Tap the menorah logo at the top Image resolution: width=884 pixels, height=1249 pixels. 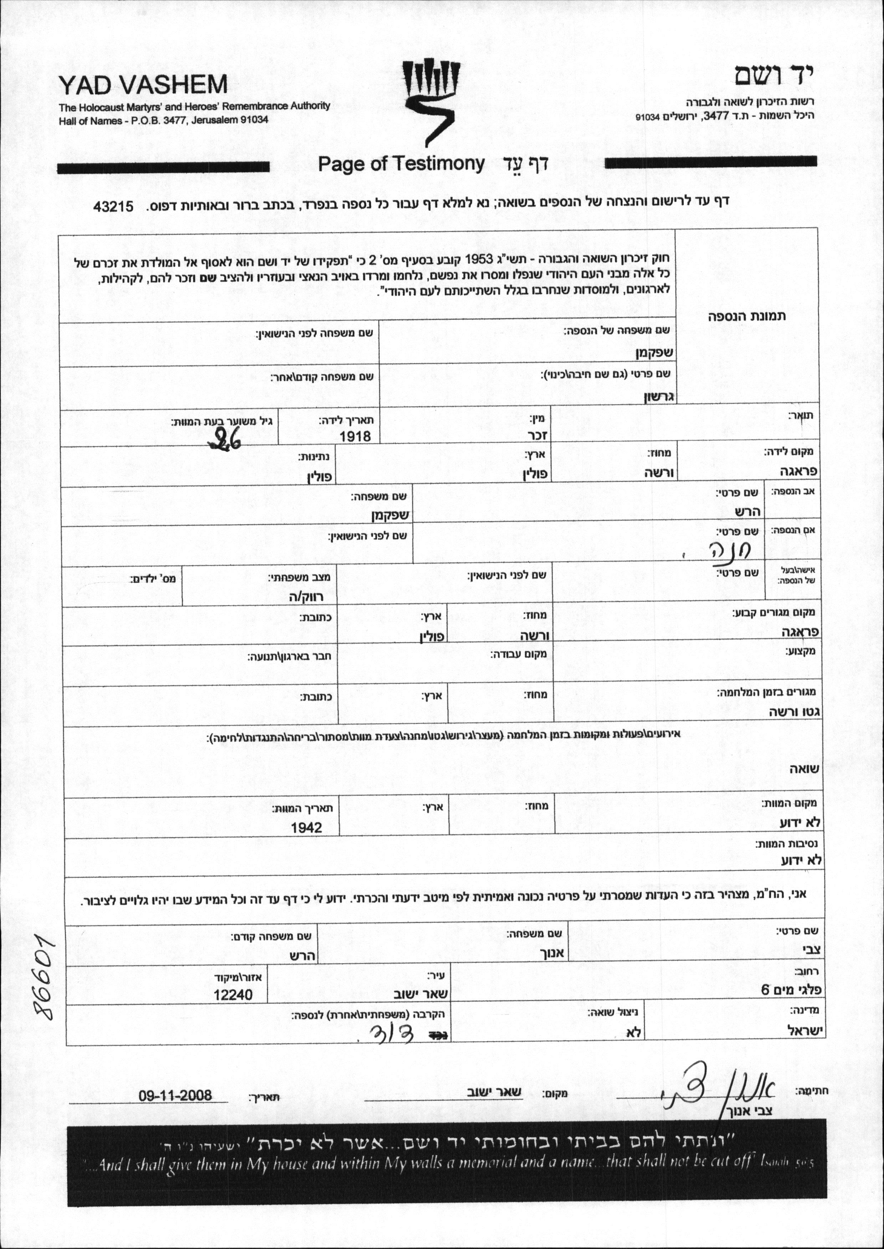tap(432, 102)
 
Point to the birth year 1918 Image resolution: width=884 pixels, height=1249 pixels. tap(355, 436)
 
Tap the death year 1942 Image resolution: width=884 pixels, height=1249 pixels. tap(307, 828)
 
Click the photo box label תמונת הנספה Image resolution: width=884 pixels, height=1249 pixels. tap(747, 316)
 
